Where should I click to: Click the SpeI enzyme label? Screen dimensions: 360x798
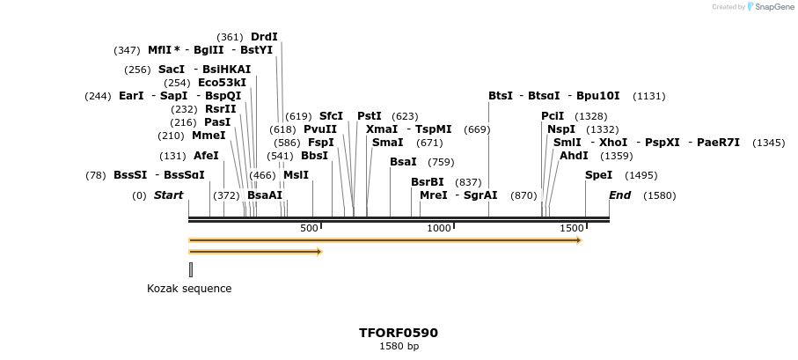click(598, 175)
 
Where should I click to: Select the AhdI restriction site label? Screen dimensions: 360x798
click(574, 156)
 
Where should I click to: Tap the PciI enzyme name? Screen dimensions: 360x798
click(553, 116)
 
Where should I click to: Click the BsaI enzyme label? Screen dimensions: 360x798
click(403, 162)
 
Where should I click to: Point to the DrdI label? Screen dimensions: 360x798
click(264, 37)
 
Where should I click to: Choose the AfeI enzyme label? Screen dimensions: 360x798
click(206, 156)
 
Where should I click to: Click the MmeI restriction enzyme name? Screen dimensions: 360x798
click(209, 136)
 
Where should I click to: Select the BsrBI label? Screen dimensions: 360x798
click(428, 182)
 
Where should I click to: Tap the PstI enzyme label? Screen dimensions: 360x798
click(370, 116)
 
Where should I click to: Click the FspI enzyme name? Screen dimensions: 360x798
click(321, 143)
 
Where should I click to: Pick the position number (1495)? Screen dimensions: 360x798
click(641, 175)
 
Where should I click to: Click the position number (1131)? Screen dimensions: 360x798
click(649, 96)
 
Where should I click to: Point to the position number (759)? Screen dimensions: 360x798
click(441, 162)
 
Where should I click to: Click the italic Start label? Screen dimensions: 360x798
click(168, 195)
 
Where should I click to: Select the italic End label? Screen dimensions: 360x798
click(619, 195)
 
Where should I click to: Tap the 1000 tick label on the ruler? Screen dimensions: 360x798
click(438, 229)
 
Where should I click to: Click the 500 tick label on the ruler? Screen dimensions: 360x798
click(309, 229)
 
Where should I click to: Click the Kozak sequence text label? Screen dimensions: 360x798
click(189, 289)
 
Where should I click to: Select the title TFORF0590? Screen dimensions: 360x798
click(399, 333)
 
